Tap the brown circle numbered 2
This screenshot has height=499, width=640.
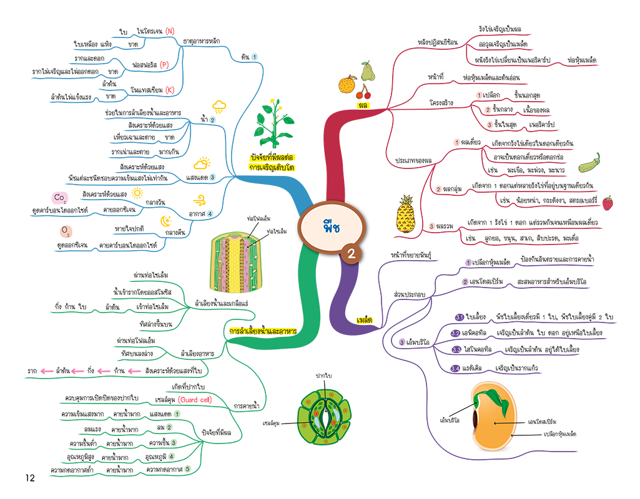click(352, 253)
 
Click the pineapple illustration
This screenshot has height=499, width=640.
click(401, 213)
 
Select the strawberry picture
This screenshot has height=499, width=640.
click(607, 203)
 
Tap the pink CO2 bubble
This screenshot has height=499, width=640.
click(60, 199)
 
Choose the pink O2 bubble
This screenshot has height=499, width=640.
click(65, 232)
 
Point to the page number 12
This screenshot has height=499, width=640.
click(29, 478)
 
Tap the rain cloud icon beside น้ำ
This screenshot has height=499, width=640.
click(219, 106)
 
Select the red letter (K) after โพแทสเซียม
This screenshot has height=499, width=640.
click(169, 90)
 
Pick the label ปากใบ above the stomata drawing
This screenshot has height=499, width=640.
click(323, 375)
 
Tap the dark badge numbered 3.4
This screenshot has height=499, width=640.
click(456, 369)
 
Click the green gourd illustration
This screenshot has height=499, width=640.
click(589, 163)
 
